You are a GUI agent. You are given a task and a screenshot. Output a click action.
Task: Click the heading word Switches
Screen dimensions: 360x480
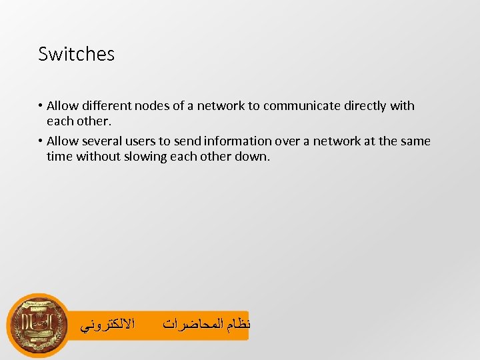coord(76,54)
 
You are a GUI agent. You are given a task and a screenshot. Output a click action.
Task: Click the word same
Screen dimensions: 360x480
coord(415,141)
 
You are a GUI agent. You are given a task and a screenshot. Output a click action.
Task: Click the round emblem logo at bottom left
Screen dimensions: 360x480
coord(38,325)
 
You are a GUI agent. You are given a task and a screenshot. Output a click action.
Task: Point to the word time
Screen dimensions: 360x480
coord(59,157)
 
